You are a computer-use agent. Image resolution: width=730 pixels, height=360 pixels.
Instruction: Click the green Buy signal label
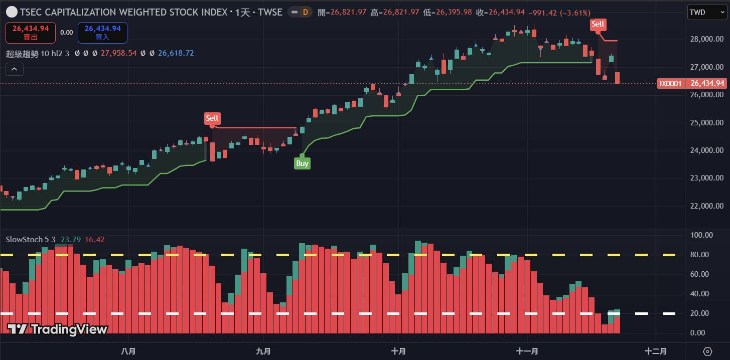click(302, 163)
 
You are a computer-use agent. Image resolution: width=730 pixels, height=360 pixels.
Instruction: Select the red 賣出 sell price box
click(27, 33)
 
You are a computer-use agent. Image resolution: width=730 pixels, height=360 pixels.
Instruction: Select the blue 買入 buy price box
click(102, 33)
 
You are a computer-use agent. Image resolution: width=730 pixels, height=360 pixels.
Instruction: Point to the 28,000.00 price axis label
click(707, 39)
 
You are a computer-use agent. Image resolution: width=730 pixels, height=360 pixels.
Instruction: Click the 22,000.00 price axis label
click(707, 206)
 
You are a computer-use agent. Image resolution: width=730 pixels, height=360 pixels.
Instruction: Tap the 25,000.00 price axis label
click(707, 122)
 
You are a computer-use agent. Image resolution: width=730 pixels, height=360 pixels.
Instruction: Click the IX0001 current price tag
click(670, 83)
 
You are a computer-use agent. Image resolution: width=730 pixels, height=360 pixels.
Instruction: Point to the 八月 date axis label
click(128, 351)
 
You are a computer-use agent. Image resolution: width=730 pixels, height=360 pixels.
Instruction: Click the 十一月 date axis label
click(527, 351)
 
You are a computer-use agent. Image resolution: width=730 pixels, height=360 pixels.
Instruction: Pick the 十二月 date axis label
click(656, 351)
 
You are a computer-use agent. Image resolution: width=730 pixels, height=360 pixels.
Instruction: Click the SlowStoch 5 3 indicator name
click(31, 240)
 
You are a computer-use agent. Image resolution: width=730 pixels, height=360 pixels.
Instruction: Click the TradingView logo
click(58, 329)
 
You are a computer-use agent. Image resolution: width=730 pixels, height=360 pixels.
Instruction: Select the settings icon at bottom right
click(707, 351)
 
